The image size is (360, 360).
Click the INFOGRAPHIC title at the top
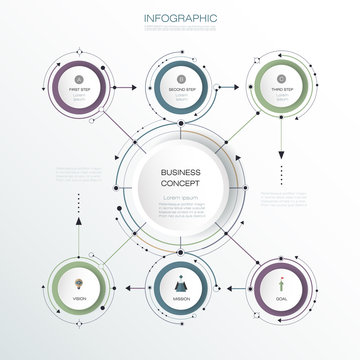coord(180,18)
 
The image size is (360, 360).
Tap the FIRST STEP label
coord(80,90)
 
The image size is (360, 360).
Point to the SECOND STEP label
coord(180,90)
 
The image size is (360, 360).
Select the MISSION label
coord(180,299)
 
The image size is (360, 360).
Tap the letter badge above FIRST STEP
coord(80,77)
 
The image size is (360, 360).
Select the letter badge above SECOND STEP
coord(180,77)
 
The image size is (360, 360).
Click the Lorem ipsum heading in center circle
coord(180,197)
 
